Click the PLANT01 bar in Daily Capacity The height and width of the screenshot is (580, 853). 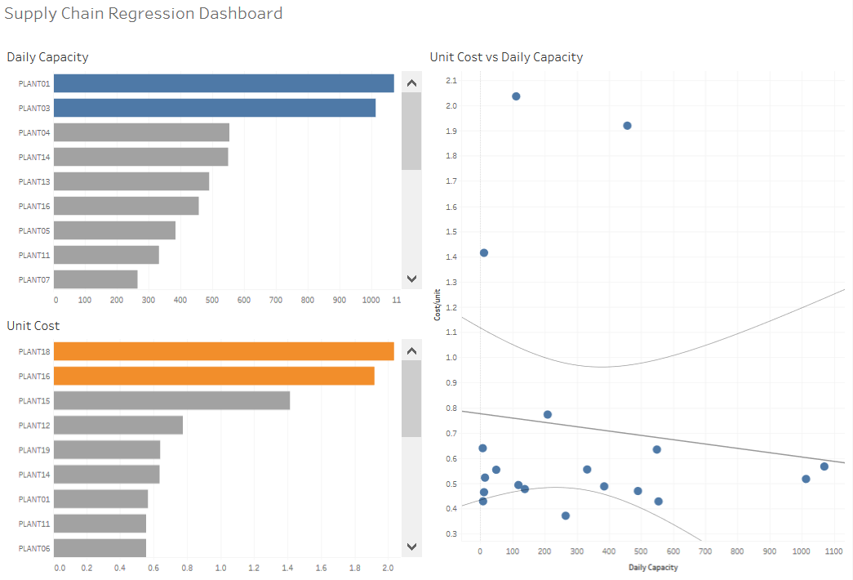coord(224,83)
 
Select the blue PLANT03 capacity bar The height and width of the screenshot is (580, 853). coord(215,108)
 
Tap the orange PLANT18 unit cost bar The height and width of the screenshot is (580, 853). coord(224,351)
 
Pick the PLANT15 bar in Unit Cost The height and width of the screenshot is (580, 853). coord(172,400)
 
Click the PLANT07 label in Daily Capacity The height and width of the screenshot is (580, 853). coord(34,279)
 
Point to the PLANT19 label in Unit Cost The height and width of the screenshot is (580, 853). coord(34,450)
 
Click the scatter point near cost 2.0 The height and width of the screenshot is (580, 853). coord(516,96)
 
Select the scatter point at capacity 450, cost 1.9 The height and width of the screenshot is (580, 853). coord(627,126)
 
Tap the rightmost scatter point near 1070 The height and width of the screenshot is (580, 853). coord(824,466)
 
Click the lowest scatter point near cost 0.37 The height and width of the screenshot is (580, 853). coord(566,515)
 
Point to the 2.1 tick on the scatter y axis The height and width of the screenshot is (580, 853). coord(451,80)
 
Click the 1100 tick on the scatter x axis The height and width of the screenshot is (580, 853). coord(833,551)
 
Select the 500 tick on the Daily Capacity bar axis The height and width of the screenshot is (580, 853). coord(212,300)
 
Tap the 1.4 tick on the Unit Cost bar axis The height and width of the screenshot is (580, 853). coord(289,567)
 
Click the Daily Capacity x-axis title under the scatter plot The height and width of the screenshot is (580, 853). coord(653,567)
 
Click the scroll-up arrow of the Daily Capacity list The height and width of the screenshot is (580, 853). coord(411,83)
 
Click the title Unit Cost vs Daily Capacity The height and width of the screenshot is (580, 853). coord(506,57)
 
